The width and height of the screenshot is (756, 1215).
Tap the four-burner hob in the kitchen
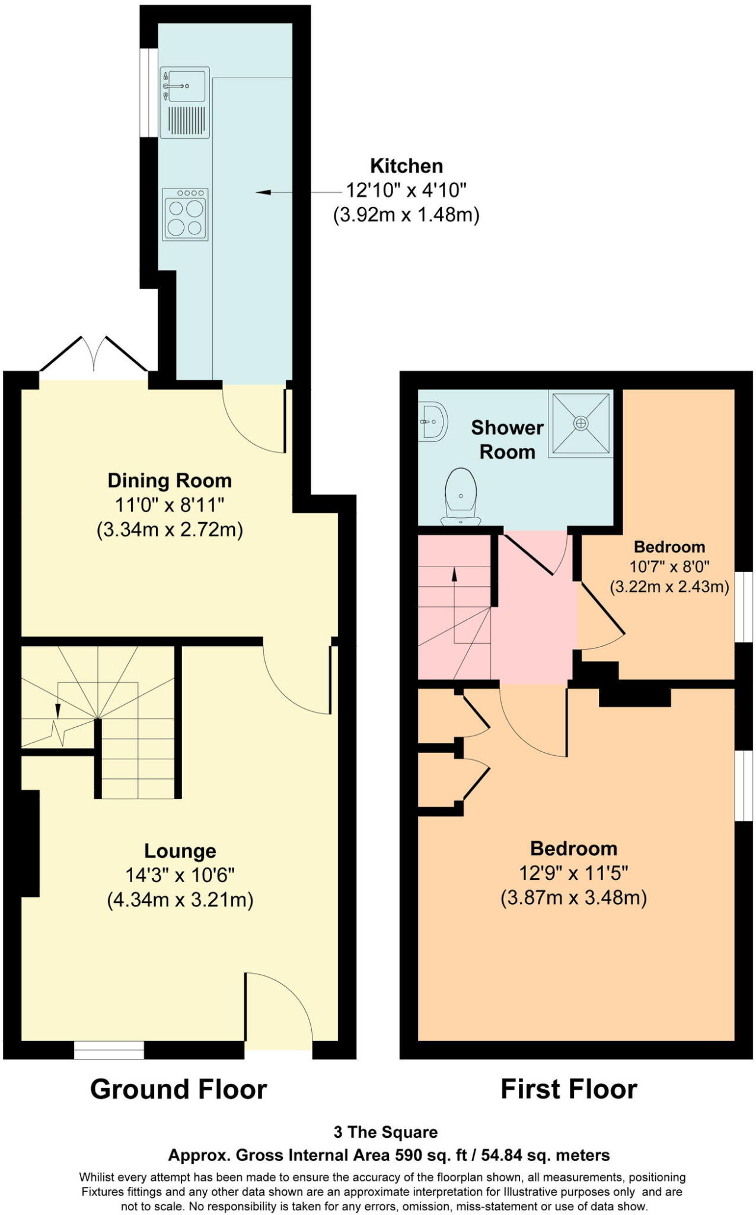click(x=185, y=214)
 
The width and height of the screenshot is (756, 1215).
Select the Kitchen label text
click(x=406, y=166)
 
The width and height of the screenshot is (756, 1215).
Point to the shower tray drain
click(x=580, y=423)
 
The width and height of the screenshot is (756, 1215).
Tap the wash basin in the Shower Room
click(x=433, y=422)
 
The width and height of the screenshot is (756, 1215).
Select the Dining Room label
click(x=170, y=481)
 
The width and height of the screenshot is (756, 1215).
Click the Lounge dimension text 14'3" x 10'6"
click(x=180, y=876)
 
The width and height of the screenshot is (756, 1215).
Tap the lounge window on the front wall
click(x=109, y=1050)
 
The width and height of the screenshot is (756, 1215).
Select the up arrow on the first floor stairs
click(x=455, y=574)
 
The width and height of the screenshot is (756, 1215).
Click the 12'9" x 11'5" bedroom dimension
click(x=573, y=873)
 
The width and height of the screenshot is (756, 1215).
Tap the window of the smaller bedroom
click(x=744, y=607)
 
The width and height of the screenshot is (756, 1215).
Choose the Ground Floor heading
click(x=178, y=1090)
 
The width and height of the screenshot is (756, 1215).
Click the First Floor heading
click(x=569, y=1090)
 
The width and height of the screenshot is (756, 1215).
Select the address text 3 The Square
click(x=385, y=1133)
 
